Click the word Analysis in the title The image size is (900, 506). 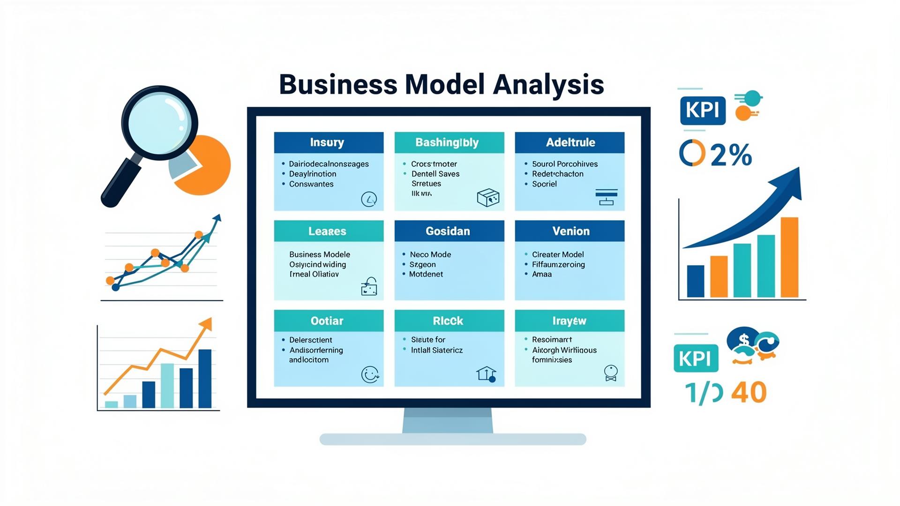click(x=548, y=85)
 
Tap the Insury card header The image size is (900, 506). click(x=328, y=142)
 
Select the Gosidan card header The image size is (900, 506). click(x=449, y=231)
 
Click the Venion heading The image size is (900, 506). click(x=570, y=231)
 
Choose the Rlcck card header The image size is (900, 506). click(x=449, y=321)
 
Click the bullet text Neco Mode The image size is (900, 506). click(x=430, y=254)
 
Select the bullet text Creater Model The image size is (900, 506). click(x=557, y=254)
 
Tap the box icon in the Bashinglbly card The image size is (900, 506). click(x=488, y=198)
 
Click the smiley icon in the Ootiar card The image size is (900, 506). click(x=370, y=374)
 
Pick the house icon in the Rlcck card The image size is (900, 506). click(x=486, y=373)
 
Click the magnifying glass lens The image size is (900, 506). click(x=159, y=123)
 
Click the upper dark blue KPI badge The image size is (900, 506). click(x=702, y=111)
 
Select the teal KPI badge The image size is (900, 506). click(x=696, y=358)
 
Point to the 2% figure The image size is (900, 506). click(x=731, y=155)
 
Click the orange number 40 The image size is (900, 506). click(x=749, y=393)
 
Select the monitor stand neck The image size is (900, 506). click(x=448, y=420)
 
